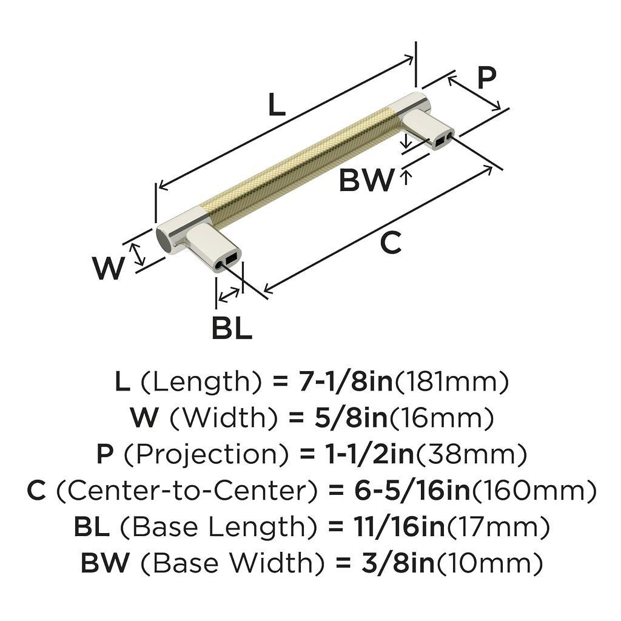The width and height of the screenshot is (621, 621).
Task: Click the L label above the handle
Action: (277, 106)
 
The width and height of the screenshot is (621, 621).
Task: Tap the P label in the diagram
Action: (486, 78)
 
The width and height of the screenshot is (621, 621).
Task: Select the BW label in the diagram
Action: (366, 181)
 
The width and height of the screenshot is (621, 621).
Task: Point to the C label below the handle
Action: (391, 243)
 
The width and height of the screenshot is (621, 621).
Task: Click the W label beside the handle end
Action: (109, 268)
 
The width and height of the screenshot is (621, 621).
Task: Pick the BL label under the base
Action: (232, 329)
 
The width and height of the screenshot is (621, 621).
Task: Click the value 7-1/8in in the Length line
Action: (344, 381)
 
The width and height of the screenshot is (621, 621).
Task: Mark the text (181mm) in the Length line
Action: (451, 381)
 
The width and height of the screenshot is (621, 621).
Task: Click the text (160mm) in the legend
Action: (534, 491)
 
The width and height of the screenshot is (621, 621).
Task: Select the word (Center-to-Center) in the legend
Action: (187, 491)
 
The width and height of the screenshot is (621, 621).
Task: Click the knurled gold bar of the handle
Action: (303, 161)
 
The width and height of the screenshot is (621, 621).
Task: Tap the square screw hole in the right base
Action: (438, 144)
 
